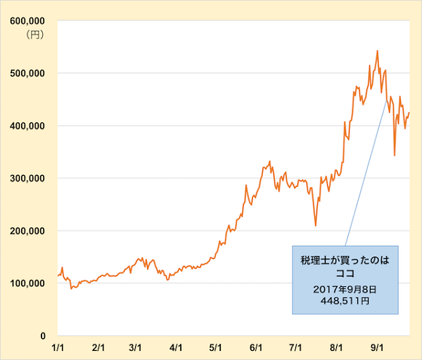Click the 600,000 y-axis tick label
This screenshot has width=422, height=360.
coord(27,21)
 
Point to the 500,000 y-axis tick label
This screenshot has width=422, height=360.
coord(27,73)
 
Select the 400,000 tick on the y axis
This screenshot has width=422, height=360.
coord(27,126)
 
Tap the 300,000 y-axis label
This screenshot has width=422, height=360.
coord(27,179)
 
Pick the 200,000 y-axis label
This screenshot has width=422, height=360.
coord(27,231)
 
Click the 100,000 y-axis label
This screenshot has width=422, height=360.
coord(27,283)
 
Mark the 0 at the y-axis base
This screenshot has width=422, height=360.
coord(43,336)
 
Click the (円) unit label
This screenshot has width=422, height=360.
coord(34,34)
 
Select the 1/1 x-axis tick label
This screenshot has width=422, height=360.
coord(59,347)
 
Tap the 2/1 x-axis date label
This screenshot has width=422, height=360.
coord(98,347)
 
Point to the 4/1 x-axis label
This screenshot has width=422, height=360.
coord(177,347)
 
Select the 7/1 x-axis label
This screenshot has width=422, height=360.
coord(295,347)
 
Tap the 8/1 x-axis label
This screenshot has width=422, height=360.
coord(336,347)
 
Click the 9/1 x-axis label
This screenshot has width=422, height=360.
coord(377,347)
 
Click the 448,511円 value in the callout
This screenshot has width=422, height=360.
coord(345,300)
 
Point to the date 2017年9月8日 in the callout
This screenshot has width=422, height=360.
coord(345,288)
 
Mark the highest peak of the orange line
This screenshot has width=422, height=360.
coord(378,51)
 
